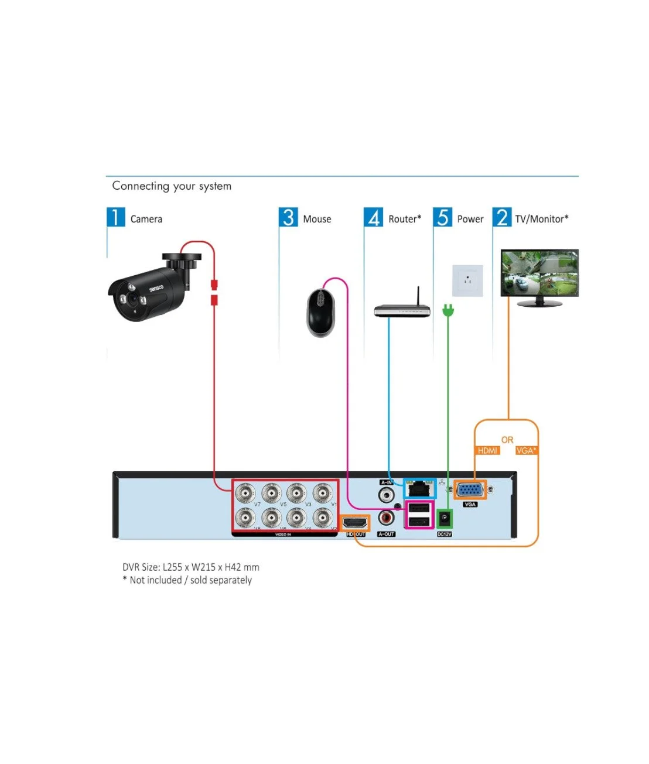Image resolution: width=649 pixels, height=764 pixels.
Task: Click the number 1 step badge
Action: click(115, 217)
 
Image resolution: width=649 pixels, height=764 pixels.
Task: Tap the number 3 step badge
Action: click(288, 217)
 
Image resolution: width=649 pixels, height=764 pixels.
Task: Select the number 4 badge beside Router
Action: click(374, 217)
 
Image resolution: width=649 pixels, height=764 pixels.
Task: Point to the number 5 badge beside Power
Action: click(443, 217)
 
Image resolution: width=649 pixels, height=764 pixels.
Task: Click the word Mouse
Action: click(317, 219)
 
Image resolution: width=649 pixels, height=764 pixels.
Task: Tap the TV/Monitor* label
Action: click(542, 219)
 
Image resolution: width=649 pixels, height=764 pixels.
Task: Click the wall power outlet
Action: click(467, 280)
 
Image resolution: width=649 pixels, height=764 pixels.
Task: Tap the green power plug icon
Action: click(448, 311)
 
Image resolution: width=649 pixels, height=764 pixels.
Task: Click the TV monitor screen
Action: click(539, 273)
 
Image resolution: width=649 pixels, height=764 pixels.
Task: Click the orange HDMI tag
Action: click(487, 450)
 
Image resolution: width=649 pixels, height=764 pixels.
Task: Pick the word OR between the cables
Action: click(507, 440)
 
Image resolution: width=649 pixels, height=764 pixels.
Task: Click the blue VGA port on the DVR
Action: click(470, 489)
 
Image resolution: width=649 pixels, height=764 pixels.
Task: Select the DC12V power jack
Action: click(445, 519)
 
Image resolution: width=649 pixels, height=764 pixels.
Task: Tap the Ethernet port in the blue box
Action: click(419, 488)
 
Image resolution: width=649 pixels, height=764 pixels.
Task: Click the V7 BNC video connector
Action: click(245, 493)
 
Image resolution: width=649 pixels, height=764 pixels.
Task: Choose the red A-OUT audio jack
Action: click(387, 518)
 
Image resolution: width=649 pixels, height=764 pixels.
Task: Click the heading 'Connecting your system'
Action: click(172, 186)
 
